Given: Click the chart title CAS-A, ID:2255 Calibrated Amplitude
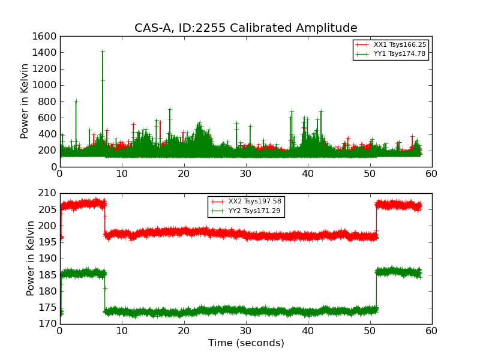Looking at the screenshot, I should (245, 28).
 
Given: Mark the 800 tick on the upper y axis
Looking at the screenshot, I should (48, 101).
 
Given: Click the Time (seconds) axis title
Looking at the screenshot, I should (245, 343).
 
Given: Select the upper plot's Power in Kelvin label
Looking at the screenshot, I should (25, 101).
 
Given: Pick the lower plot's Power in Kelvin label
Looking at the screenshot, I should (31, 258).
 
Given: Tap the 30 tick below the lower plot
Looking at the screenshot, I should (245, 331).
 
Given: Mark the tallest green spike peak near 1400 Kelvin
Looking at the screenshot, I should (103, 51).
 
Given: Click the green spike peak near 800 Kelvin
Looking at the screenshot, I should (76, 101).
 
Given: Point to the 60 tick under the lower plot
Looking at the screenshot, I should (431, 331).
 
